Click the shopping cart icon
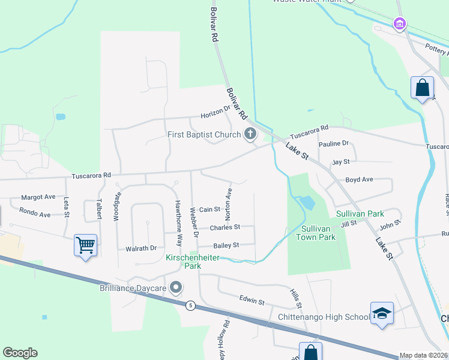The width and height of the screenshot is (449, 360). tap(85, 245)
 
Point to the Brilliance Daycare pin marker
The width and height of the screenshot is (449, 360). tap(176, 288)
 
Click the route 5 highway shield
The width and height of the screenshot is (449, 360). tap(190, 305)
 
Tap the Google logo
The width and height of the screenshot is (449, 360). tap(20, 353)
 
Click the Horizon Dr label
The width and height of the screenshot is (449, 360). tap(215, 112)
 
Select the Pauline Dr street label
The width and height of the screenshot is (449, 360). tap(334, 144)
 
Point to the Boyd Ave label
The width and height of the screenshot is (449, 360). tap(359, 179)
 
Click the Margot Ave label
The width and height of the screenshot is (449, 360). tap(38, 197)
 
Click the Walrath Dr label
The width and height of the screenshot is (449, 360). tap(140, 248)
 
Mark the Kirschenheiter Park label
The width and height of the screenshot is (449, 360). tap(193, 262)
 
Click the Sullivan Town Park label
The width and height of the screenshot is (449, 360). tap(316, 233)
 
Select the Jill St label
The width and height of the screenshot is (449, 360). tap(349, 224)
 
